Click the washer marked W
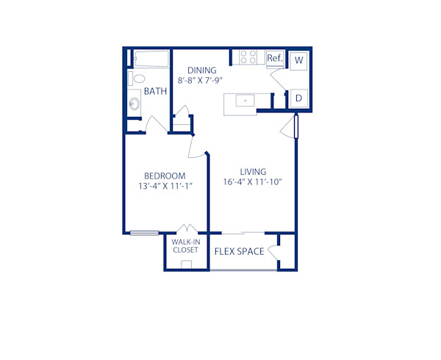299,60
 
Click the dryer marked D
299,98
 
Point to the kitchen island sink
245,100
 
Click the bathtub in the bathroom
151,58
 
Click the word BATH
155,92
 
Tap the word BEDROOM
164,176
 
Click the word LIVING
251,171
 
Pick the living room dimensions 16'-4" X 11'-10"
252,182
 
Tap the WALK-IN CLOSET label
185,245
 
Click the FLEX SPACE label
239,252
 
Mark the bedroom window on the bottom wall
145,234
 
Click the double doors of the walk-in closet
185,228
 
